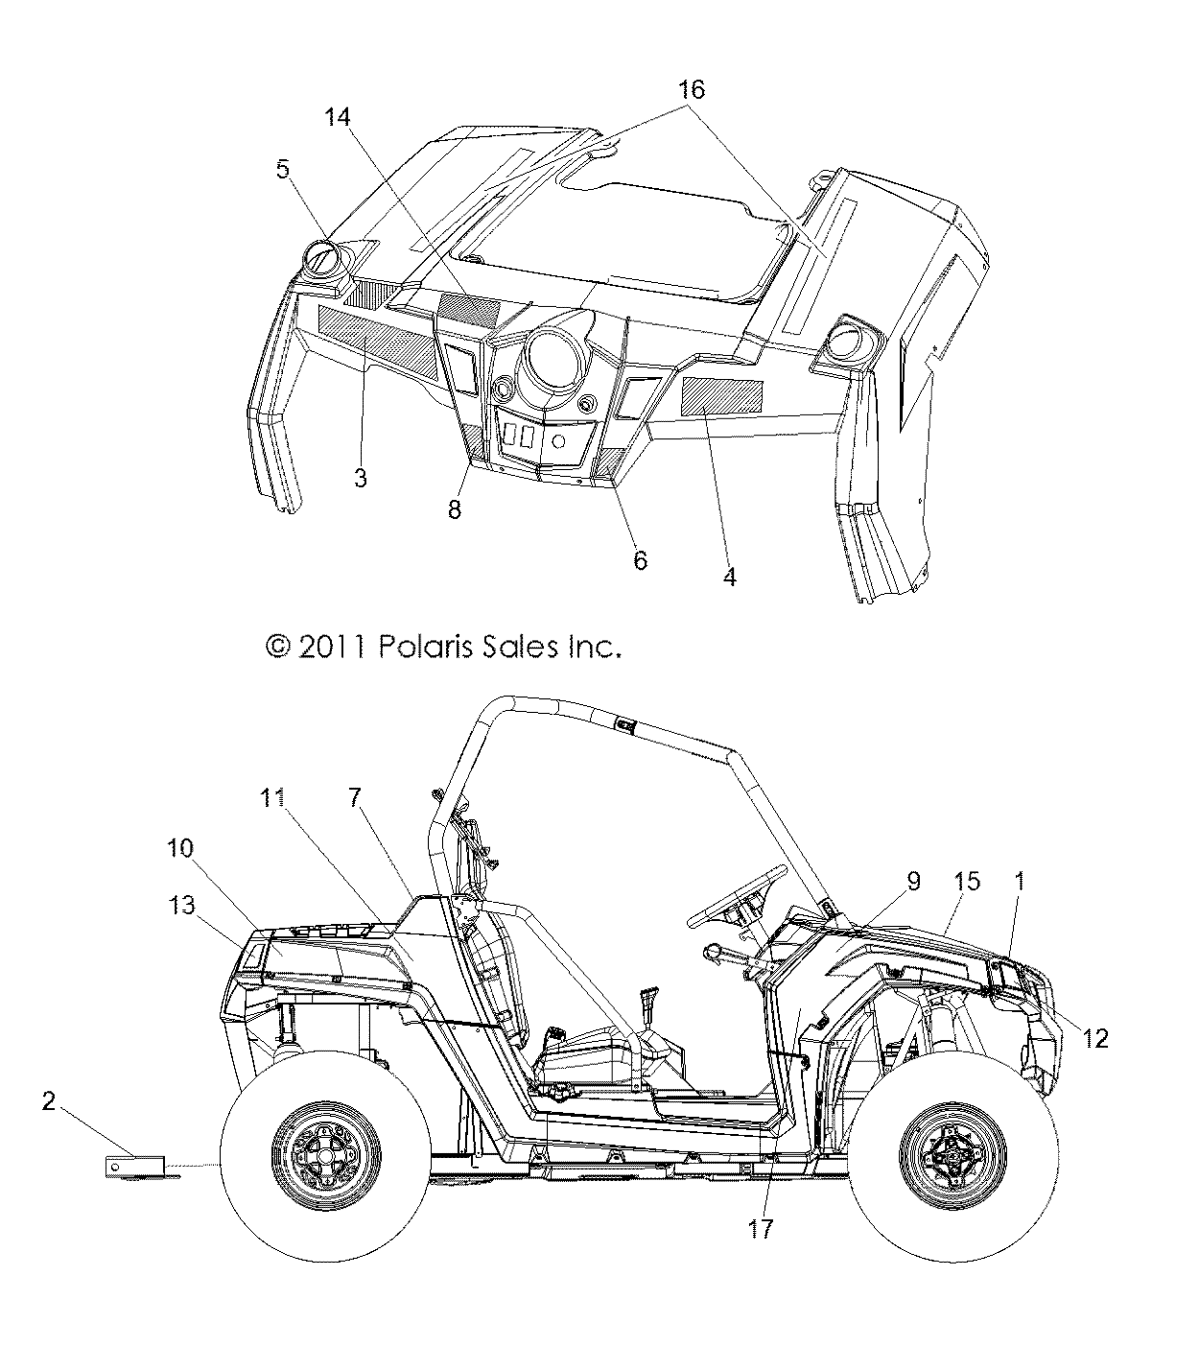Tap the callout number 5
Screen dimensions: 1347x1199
tap(282, 170)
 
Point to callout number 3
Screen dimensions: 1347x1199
tap(360, 477)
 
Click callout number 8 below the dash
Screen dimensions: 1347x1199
tap(455, 509)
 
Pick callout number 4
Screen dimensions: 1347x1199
tap(729, 578)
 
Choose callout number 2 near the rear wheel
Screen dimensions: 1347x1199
tap(49, 1101)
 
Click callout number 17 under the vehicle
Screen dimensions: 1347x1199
tap(761, 1229)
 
